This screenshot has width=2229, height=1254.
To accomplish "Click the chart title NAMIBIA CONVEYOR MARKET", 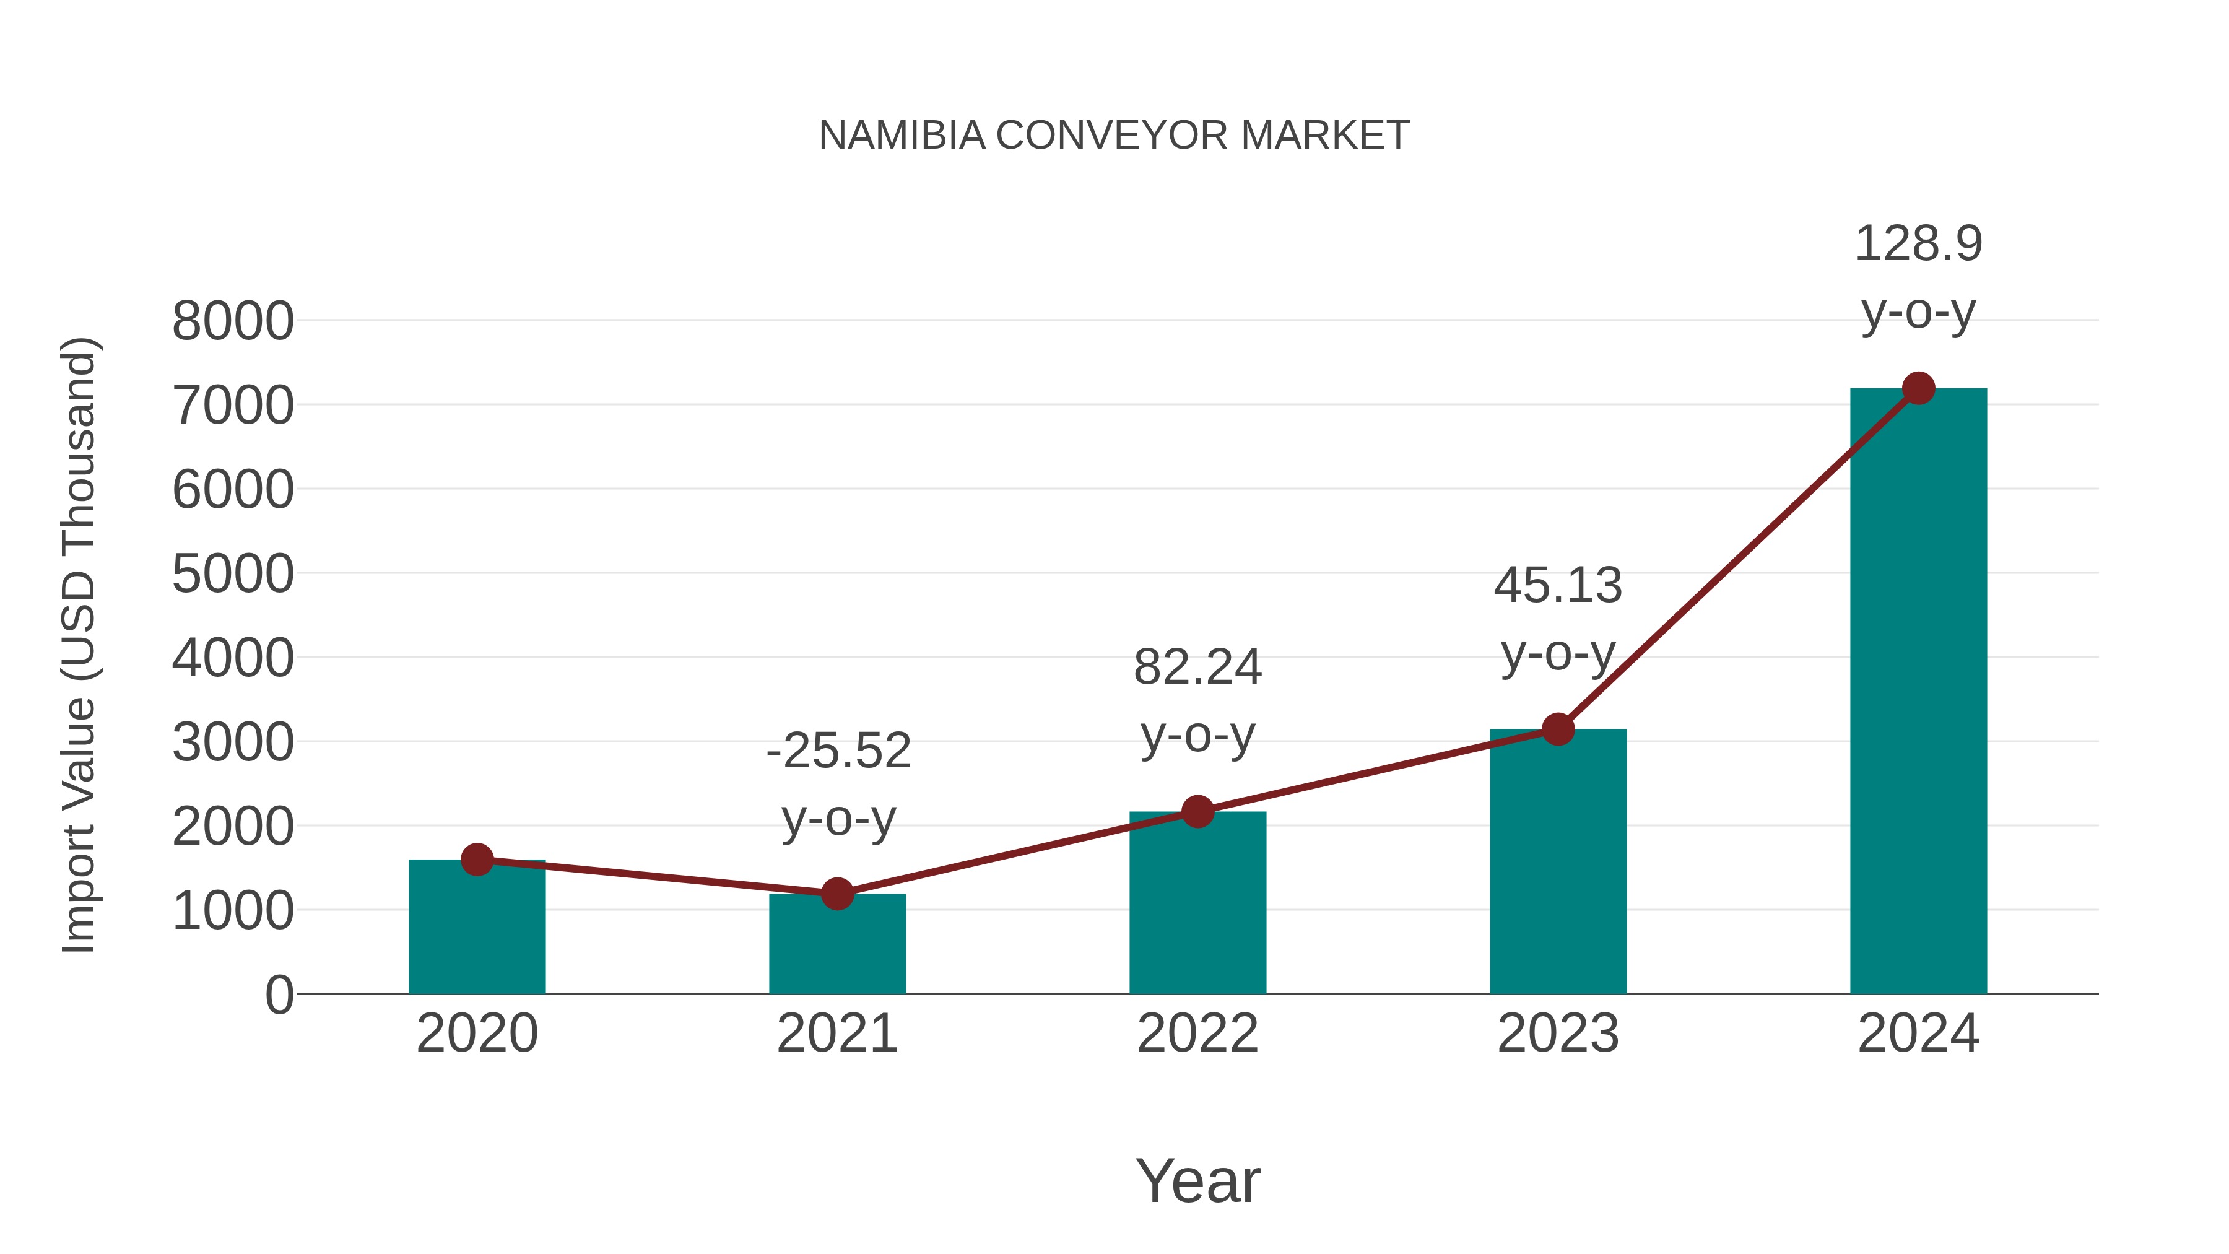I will point(1114,136).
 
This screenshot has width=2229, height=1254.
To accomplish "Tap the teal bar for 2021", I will point(836,947).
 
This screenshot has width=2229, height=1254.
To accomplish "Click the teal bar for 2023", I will point(1558,866).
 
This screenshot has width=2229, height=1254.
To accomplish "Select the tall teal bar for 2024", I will point(1918,692).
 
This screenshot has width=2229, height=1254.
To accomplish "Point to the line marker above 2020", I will point(477,860).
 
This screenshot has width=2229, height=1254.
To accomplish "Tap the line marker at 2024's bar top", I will point(1918,388).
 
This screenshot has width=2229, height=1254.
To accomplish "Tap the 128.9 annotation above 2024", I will point(1918,244).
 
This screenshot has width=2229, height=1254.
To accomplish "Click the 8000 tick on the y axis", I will point(233,322).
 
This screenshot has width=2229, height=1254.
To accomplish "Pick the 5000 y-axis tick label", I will point(233,574).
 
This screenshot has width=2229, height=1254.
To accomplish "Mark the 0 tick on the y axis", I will point(279,995).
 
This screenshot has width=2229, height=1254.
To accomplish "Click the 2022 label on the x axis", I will point(1197,1034).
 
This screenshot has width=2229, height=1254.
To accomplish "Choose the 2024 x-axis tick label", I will point(1918,1034).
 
